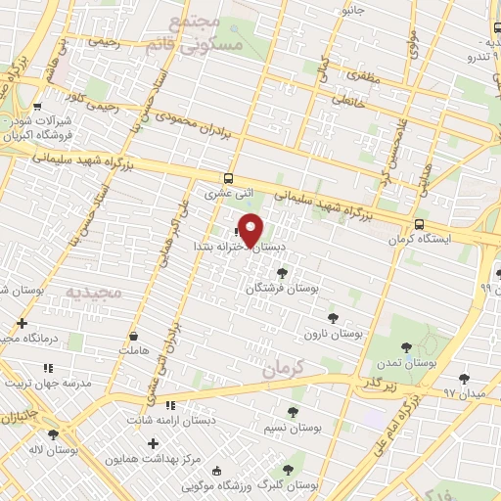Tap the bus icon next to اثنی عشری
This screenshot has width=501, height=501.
(x=228, y=179)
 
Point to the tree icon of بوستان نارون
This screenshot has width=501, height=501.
(x=334, y=318)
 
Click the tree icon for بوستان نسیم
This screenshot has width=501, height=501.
(x=294, y=413)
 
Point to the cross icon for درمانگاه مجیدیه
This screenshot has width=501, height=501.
(x=22, y=322)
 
